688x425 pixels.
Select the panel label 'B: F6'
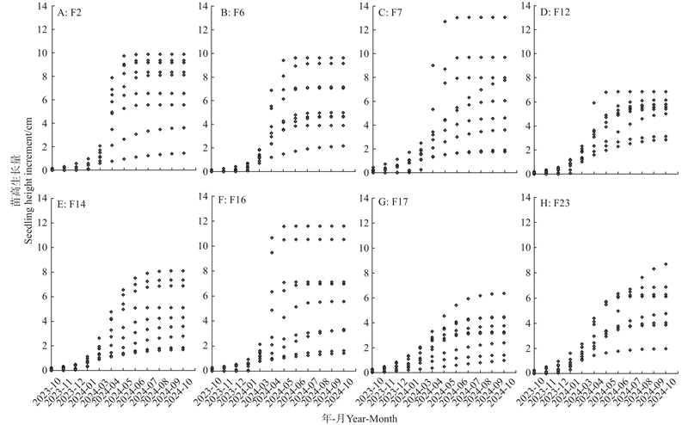[235, 12]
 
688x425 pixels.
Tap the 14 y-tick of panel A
[44, 7]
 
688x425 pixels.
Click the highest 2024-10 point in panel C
[504, 17]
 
